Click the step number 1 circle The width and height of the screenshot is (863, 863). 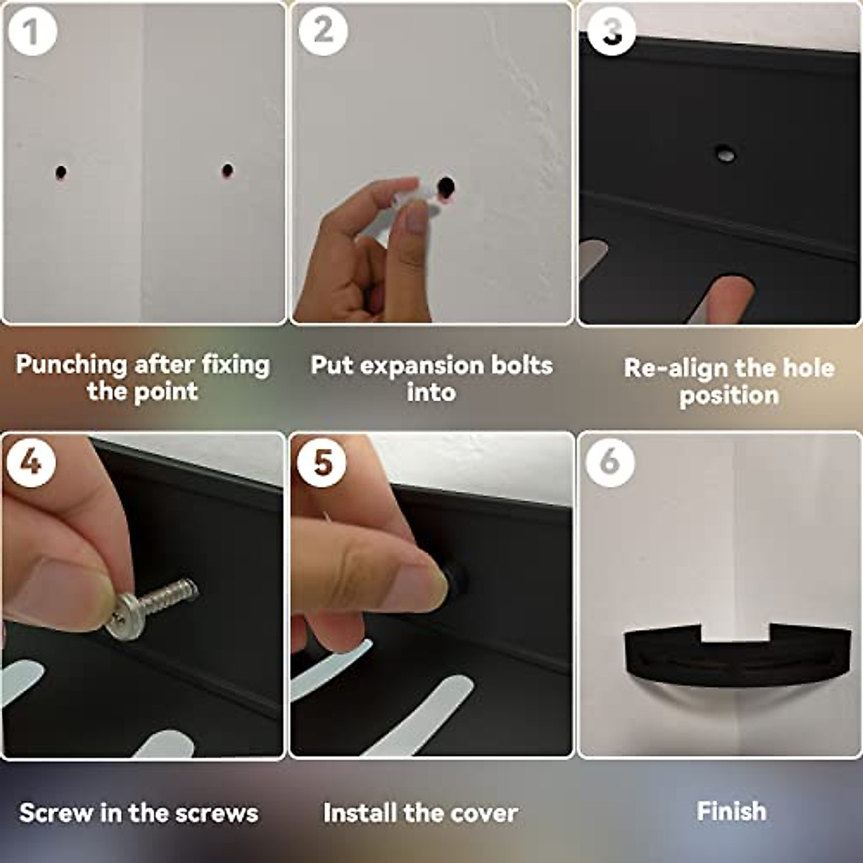click(x=30, y=30)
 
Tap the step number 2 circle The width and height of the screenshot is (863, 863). click(x=323, y=30)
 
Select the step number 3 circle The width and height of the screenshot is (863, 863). click(x=611, y=30)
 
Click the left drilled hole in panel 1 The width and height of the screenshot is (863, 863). click(x=60, y=173)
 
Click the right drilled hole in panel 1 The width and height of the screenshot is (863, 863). click(x=227, y=170)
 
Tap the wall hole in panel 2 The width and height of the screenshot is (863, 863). click(x=447, y=186)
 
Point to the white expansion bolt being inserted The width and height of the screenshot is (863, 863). click(x=421, y=196)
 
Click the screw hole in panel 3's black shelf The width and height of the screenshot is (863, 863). click(x=725, y=153)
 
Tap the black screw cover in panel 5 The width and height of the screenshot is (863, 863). click(x=455, y=579)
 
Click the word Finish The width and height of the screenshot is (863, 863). click(x=731, y=811)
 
